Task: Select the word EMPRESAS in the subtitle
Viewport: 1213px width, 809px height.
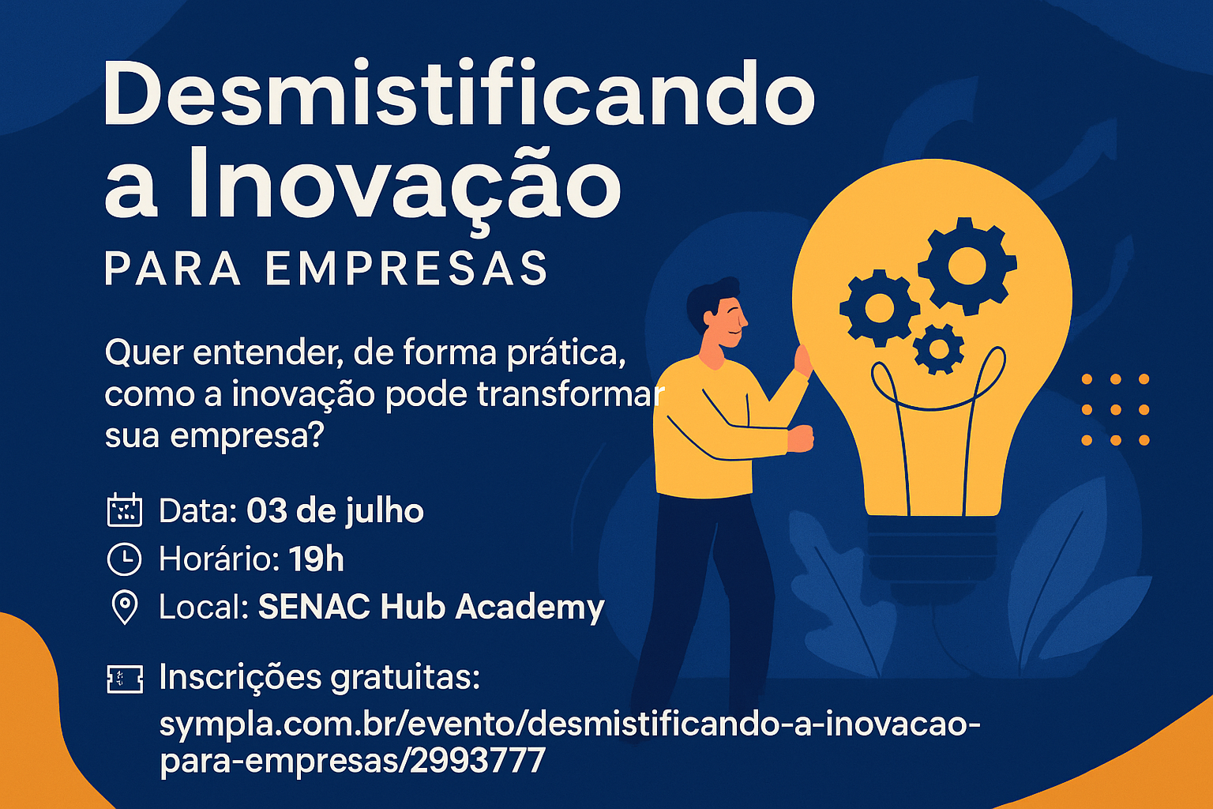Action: coord(407,269)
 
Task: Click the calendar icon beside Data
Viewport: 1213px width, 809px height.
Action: coord(124,510)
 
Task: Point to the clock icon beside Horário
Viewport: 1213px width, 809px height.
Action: coord(124,559)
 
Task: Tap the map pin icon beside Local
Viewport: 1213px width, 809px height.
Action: coord(124,607)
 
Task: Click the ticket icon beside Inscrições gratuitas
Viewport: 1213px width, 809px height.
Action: coord(125,678)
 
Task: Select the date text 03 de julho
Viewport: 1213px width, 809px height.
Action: coord(335,511)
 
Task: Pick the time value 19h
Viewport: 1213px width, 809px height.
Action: coord(316,559)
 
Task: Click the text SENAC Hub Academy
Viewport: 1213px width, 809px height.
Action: coord(431,607)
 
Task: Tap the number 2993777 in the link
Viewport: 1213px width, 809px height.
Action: coord(478,760)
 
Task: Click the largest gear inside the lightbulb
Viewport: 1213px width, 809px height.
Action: coord(967,265)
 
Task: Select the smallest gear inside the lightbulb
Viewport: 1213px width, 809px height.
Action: coord(939,348)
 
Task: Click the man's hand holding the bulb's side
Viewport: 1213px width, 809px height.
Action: coord(803,361)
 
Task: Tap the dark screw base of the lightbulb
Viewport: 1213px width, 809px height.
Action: coord(932,545)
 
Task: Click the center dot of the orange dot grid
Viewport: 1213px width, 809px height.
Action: coord(1115,410)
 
